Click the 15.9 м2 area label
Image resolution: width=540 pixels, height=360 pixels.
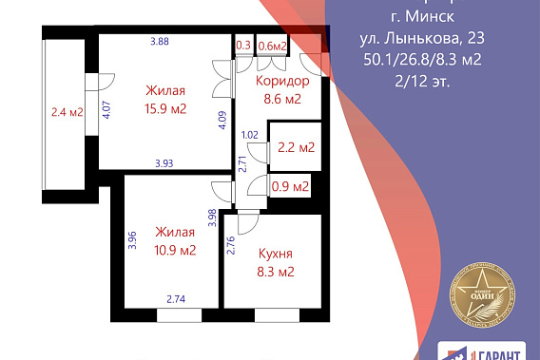(164, 109)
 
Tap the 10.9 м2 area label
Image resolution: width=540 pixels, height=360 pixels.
(176, 251)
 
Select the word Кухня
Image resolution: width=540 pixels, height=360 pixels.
(276, 254)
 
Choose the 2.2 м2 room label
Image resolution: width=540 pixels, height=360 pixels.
(297, 148)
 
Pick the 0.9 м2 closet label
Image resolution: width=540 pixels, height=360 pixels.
(291, 186)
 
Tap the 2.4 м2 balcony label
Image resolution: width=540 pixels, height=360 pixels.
(67, 112)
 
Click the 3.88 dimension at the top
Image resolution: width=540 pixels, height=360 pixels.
(160, 41)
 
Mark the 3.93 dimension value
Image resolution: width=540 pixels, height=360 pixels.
(165, 163)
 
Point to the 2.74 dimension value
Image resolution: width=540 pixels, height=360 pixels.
(177, 299)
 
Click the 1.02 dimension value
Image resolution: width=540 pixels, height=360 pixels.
(250, 135)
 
